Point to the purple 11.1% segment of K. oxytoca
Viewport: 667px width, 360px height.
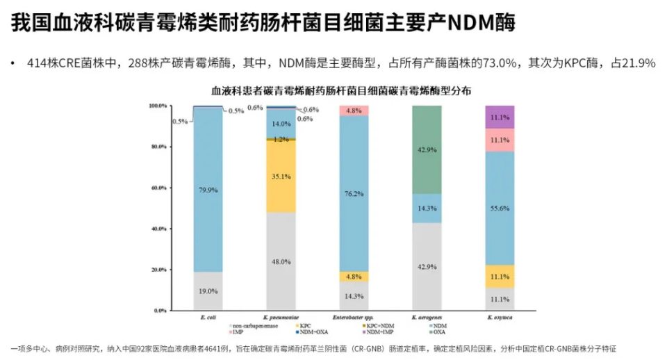[x=500, y=117]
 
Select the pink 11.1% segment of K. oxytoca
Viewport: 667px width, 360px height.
[x=500, y=140]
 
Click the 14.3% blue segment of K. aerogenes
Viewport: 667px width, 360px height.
[x=427, y=208]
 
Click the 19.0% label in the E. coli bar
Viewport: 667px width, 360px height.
[x=208, y=291]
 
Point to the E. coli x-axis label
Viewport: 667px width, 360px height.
[x=207, y=317]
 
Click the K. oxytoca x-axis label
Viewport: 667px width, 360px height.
[x=500, y=317]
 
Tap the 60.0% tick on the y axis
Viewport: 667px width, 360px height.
[x=158, y=188]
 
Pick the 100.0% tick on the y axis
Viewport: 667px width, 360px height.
[x=158, y=106]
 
